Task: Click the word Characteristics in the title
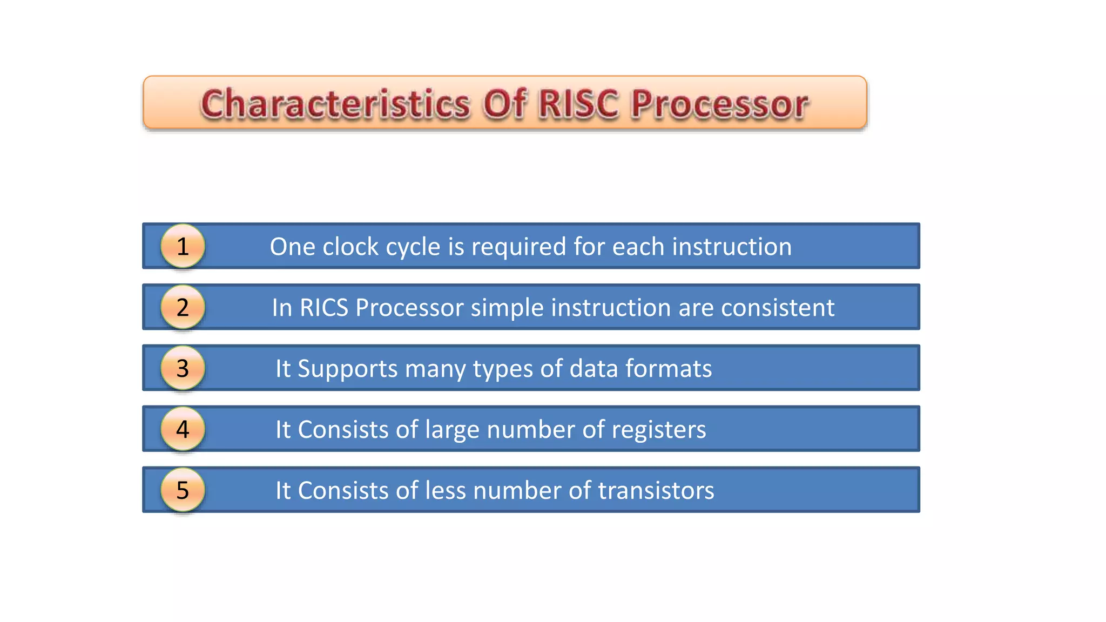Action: [335, 104]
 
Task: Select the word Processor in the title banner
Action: [719, 104]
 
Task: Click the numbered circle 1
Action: [183, 246]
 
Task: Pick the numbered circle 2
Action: [183, 307]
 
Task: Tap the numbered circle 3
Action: [183, 368]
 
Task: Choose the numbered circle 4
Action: [183, 429]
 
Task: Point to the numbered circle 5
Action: [183, 490]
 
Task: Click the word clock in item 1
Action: [350, 247]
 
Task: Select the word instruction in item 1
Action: [732, 247]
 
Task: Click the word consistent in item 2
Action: [778, 308]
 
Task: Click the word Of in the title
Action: [504, 104]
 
